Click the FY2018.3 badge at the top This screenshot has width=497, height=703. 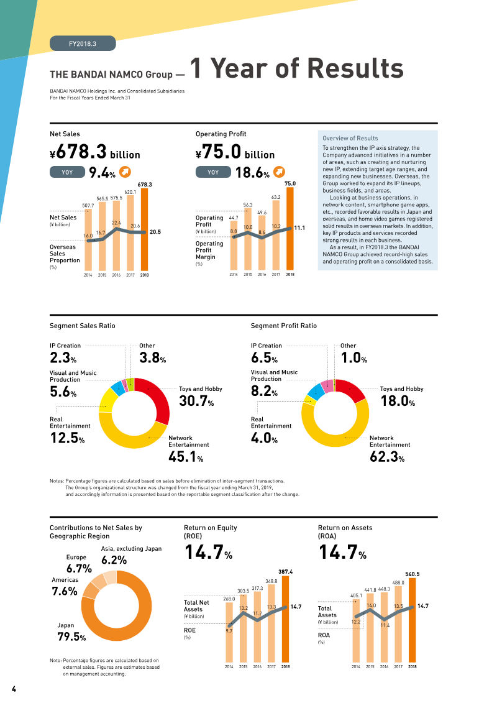(x=83, y=44)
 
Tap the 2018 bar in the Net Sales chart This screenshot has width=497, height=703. (x=144, y=229)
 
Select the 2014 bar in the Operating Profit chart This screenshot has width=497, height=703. (x=234, y=245)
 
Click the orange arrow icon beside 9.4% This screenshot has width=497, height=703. (x=125, y=172)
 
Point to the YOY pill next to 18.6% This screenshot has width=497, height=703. (x=213, y=172)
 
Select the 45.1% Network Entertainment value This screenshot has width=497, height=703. (x=186, y=457)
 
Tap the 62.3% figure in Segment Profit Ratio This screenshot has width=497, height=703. (x=387, y=457)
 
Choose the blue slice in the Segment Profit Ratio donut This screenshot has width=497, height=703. (x=316, y=392)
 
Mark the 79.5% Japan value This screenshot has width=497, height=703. (x=71, y=636)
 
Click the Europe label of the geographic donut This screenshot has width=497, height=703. (x=76, y=558)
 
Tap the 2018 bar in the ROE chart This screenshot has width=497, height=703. (x=286, y=619)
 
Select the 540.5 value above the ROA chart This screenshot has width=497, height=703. (x=413, y=574)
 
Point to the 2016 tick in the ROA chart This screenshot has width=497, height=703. (x=384, y=667)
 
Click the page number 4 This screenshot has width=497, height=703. (x=14, y=689)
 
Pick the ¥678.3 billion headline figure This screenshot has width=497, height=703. (x=95, y=152)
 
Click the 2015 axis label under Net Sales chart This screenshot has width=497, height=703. (x=102, y=275)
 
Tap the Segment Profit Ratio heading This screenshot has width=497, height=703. (x=284, y=326)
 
